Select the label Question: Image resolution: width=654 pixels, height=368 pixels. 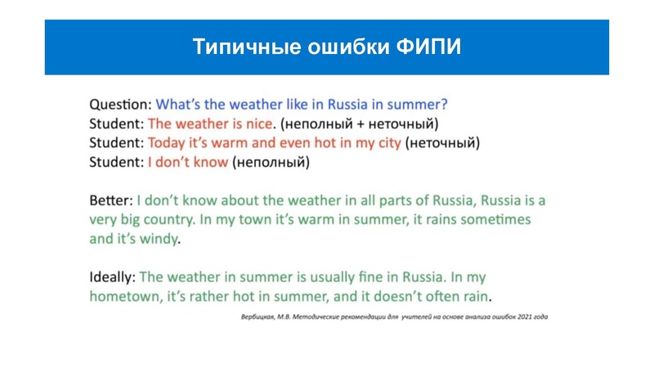click(120, 105)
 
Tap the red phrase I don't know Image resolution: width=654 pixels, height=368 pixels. click(188, 162)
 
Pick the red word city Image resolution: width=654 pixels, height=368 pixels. click(388, 143)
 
